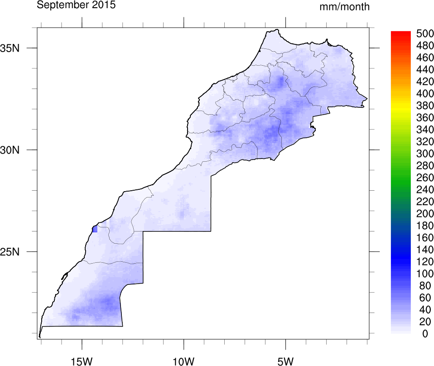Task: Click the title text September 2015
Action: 76,5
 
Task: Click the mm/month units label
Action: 344,7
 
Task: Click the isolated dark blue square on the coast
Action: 95,229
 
